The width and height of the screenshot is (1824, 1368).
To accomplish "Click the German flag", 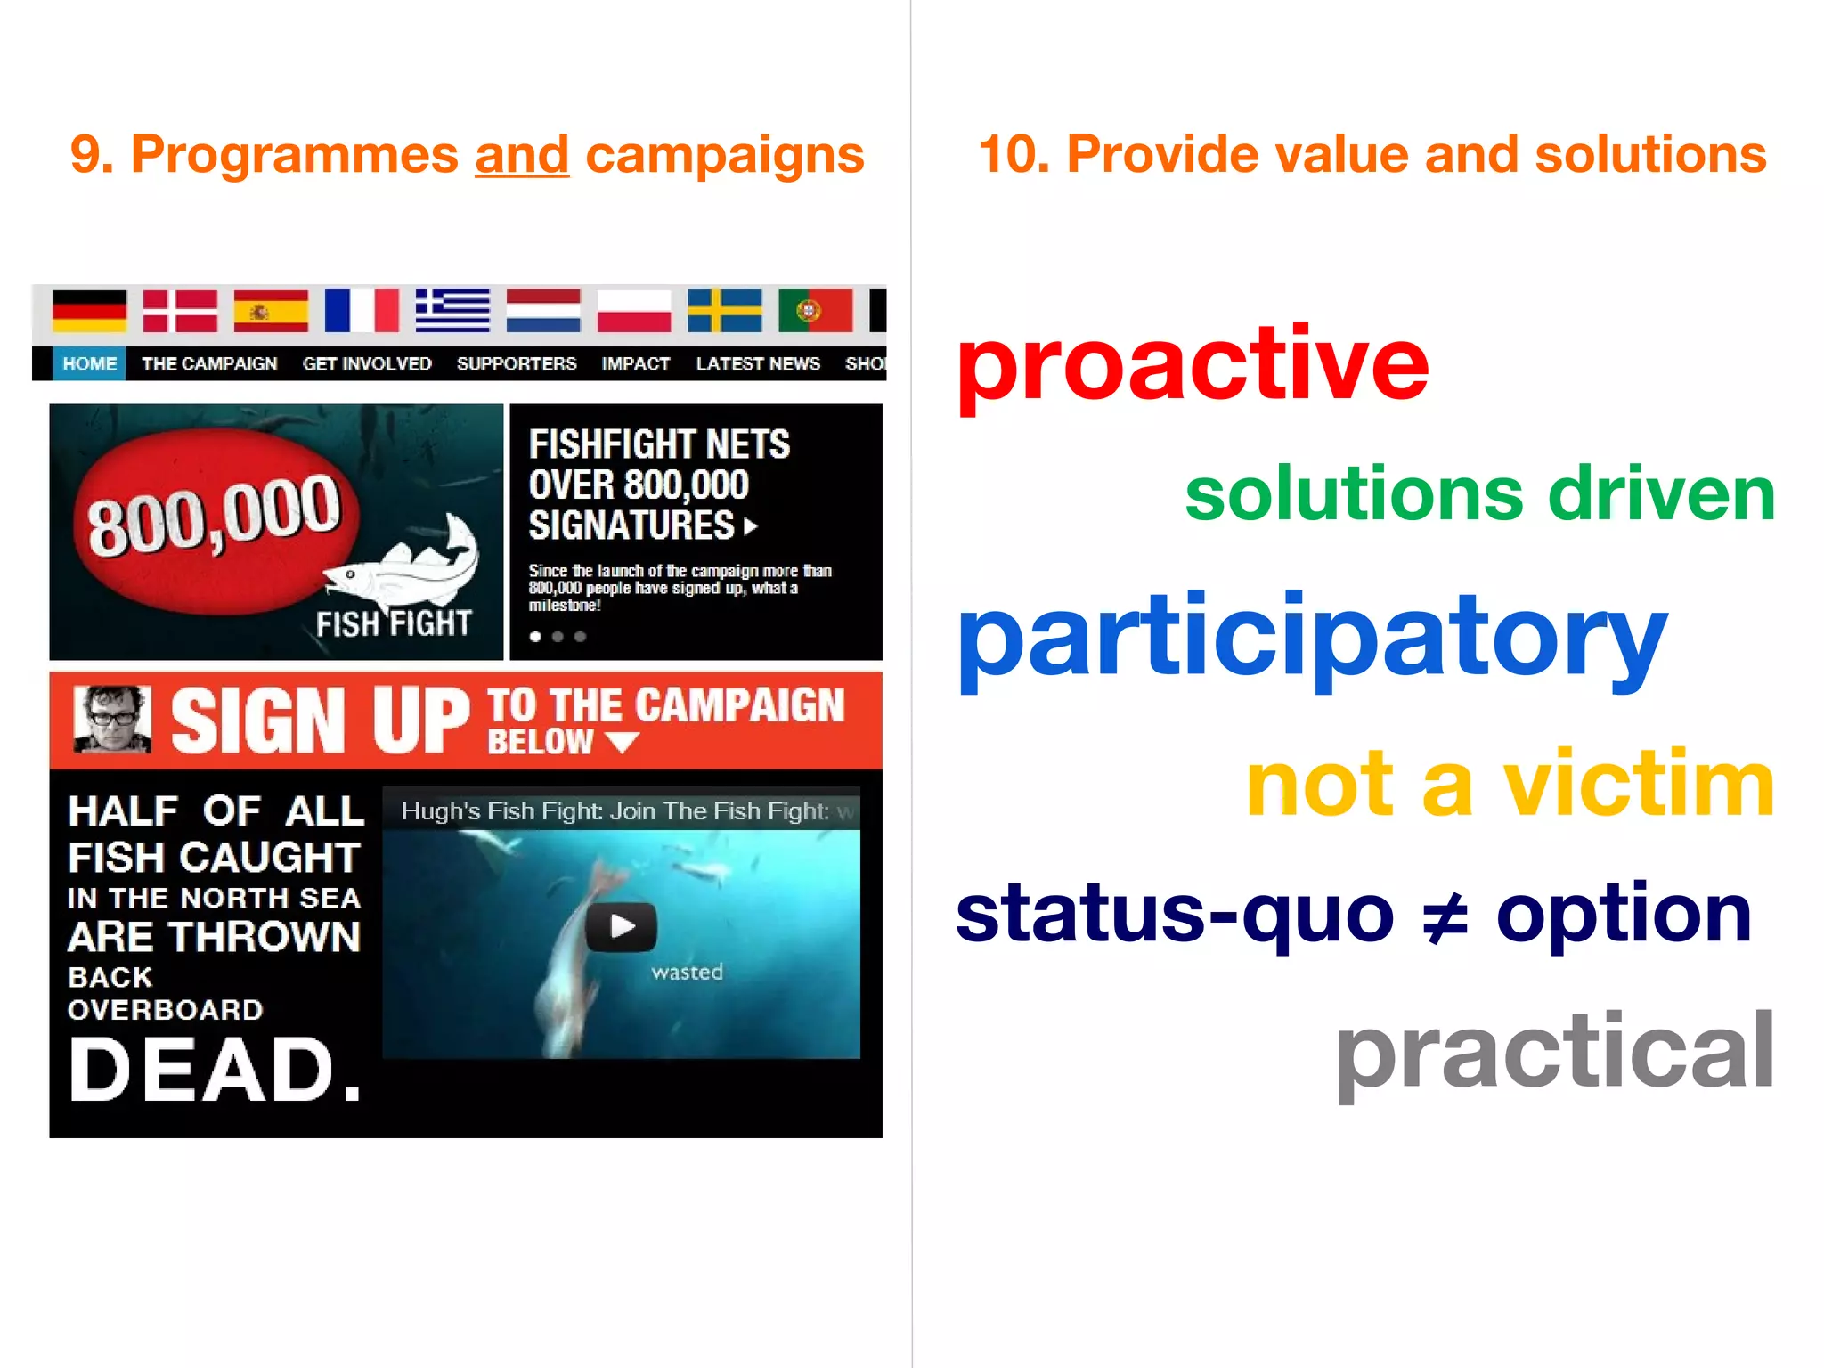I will [x=89, y=311].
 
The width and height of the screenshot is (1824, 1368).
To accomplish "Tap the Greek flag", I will [x=452, y=311].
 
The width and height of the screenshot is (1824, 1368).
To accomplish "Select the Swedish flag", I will [x=724, y=311].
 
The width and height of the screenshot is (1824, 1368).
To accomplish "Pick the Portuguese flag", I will [x=815, y=311].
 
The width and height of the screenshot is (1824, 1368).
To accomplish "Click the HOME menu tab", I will [x=89, y=363].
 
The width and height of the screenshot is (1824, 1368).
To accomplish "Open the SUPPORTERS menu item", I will [x=517, y=363].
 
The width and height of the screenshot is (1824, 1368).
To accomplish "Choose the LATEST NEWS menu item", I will [x=758, y=363].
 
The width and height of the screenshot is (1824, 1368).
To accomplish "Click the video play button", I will [x=622, y=927].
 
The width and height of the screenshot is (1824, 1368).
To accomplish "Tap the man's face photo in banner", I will [x=112, y=719].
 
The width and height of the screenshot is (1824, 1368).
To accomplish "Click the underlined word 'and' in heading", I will [x=522, y=155].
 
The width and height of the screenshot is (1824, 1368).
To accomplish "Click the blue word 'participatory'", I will [x=1311, y=638].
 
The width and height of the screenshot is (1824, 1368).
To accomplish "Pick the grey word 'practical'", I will [x=1554, y=1052].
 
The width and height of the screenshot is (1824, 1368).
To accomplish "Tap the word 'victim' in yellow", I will [x=1639, y=784].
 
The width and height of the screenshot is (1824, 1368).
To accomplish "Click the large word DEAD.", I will [x=215, y=1070].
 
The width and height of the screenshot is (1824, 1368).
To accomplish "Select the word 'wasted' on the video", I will [x=687, y=972].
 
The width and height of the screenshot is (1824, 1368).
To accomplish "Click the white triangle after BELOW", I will [x=622, y=742].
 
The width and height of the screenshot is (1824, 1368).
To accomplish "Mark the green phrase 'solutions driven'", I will [x=1479, y=494].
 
